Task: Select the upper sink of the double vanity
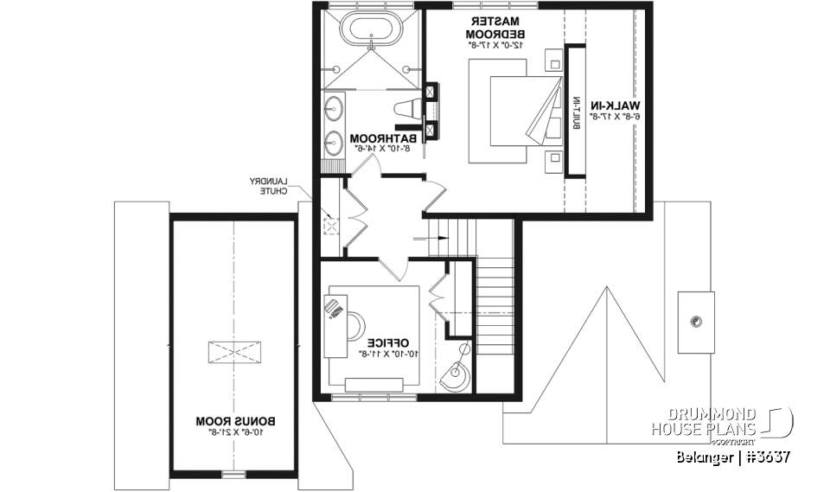click(334, 110)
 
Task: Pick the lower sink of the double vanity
click(334, 139)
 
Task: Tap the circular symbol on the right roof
click(695, 322)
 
